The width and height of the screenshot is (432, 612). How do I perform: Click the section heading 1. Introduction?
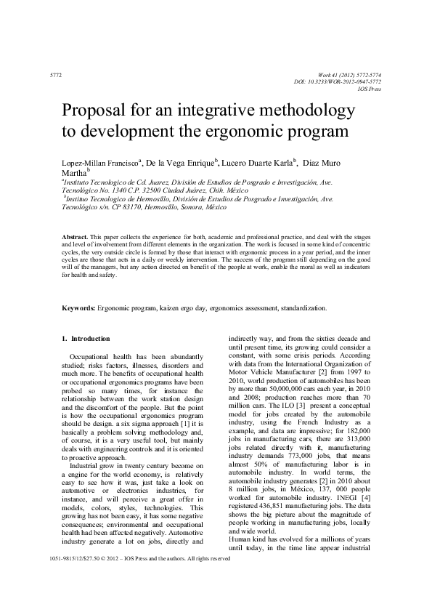86,339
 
